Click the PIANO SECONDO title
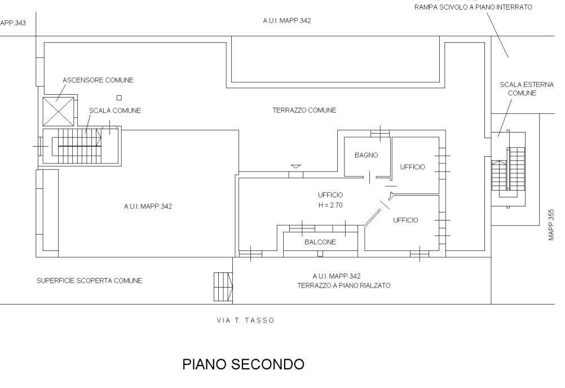click(x=243, y=364)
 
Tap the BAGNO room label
click(x=366, y=155)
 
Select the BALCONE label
click(x=320, y=242)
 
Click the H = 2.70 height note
click(x=330, y=205)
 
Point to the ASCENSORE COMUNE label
click(x=98, y=80)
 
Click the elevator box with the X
click(x=58, y=111)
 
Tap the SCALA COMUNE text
click(x=115, y=111)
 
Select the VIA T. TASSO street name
click(x=245, y=320)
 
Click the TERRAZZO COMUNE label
click(x=304, y=111)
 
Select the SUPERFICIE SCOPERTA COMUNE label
click(x=89, y=280)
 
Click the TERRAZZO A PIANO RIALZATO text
click(x=344, y=285)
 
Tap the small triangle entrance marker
click(x=295, y=166)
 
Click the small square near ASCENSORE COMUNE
click(x=119, y=98)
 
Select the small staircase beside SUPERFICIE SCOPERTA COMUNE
click(x=222, y=287)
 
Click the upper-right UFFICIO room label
click(x=412, y=166)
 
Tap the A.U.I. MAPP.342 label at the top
click(x=287, y=20)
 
